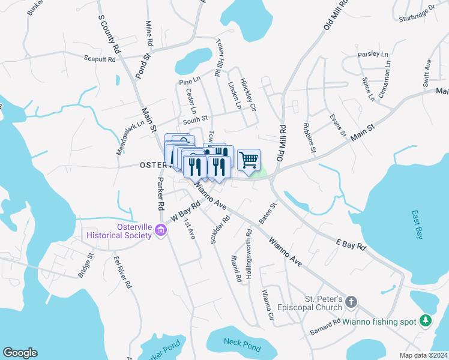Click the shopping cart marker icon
(249, 160)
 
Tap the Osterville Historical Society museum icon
(160, 230)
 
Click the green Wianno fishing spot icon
(426, 321)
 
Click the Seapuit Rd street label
(99, 59)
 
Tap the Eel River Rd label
(122, 273)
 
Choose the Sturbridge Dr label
(417, 14)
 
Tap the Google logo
(20, 353)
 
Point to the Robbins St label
(309, 138)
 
